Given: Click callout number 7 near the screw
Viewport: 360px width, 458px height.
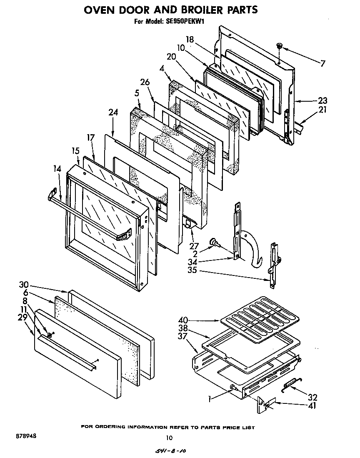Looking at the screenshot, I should (x=323, y=63).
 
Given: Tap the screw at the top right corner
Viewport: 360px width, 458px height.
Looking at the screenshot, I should (x=280, y=45).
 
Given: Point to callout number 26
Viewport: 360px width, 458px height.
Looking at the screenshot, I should (x=145, y=83).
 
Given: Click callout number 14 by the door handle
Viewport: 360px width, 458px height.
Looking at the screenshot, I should (x=57, y=169).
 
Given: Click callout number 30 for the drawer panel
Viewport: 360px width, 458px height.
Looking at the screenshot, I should (x=24, y=285).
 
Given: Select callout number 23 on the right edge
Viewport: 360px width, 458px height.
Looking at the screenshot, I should (x=322, y=100).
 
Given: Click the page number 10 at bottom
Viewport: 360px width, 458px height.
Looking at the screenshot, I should (x=169, y=438).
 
